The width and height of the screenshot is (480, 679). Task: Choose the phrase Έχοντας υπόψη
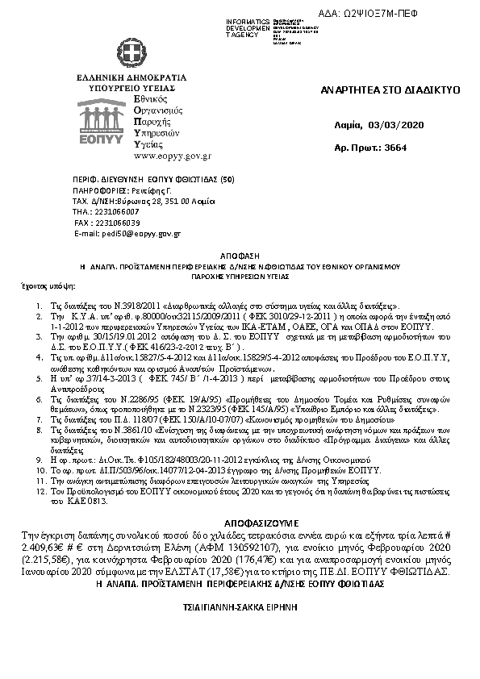40,285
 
